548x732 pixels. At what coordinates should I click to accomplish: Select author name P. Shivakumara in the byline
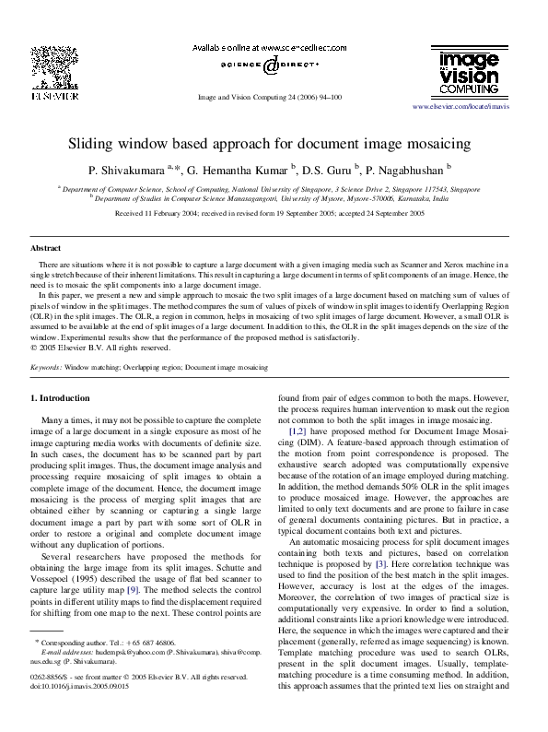pyautogui.click(x=123, y=171)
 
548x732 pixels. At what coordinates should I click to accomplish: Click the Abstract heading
pyautogui.click(x=46, y=249)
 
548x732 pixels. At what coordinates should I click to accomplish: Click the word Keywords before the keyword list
pyautogui.click(x=46, y=366)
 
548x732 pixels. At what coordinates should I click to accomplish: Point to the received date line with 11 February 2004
pyautogui.click(x=270, y=212)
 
